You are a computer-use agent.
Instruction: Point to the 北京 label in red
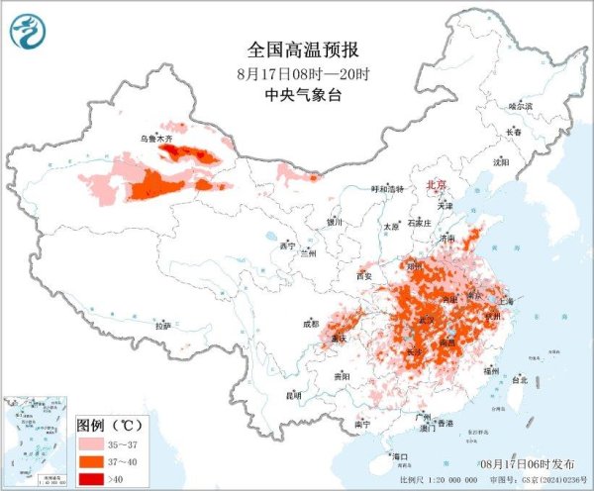pyautogui.click(x=437, y=185)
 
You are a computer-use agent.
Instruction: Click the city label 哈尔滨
pyautogui.click(x=520, y=105)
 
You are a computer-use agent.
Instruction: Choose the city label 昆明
pyautogui.click(x=293, y=395)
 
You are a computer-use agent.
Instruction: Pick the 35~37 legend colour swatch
pyautogui.click(x=96, y=445)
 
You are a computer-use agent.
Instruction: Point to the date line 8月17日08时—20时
pyautogui.click(x=296, y=73)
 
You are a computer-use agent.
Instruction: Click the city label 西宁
pyautogui.click(x=288, y=245)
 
